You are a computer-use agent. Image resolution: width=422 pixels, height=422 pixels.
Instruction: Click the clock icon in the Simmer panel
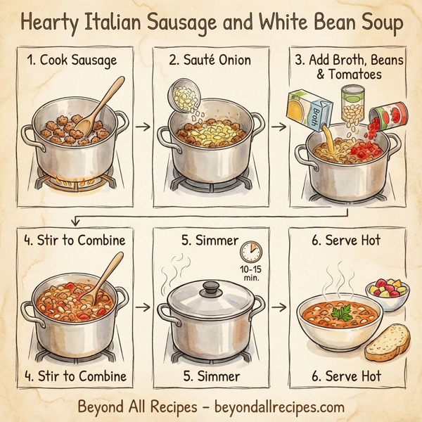(250, 252)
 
